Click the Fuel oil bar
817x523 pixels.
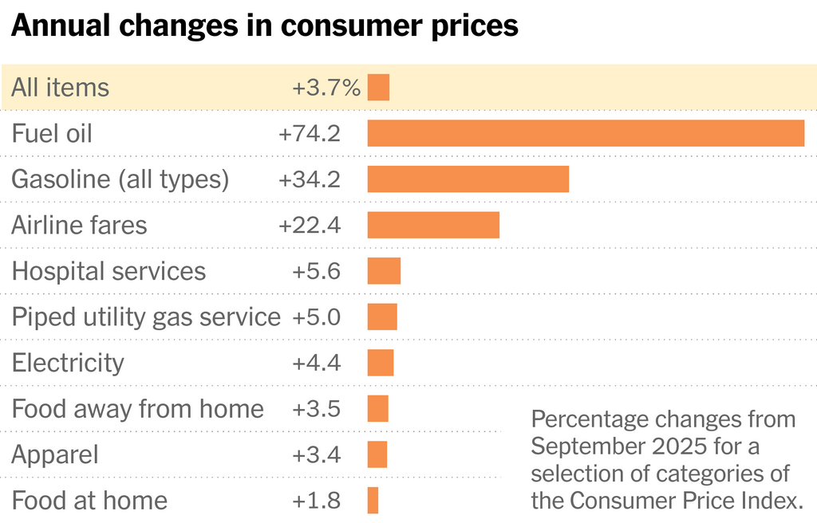pos(586,133)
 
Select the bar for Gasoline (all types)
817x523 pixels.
pos(468,179)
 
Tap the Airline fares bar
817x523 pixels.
pos(433,225)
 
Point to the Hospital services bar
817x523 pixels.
pos(384,271)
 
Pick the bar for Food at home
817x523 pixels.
pos(373,500)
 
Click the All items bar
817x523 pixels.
pos(378,87)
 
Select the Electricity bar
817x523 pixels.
pos(381,363)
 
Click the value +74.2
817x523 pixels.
pos(310,134)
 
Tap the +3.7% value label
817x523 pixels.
pos(326,88)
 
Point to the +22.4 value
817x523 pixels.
pos(310,226)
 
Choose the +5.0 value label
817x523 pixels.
pos(316,317)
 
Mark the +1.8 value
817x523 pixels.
pos(316,501)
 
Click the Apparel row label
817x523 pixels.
pos(55,455)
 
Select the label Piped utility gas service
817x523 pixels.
pos(146,317)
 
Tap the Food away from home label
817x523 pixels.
pos(137,409)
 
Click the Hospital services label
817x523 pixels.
pos(109,271)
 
